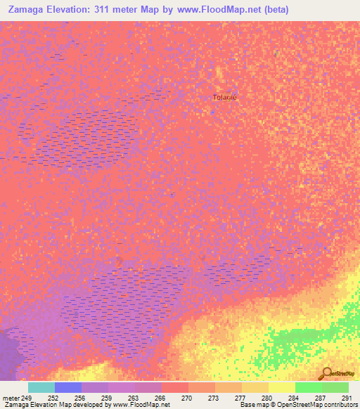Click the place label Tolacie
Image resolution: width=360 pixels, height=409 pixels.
225,98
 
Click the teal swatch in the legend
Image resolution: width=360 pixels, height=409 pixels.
41,387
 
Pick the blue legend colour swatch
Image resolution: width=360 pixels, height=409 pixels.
68,387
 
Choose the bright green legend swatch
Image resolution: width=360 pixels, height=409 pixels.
309,387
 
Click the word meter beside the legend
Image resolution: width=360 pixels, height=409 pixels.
11,398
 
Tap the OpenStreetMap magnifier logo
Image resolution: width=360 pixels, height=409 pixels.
326,372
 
